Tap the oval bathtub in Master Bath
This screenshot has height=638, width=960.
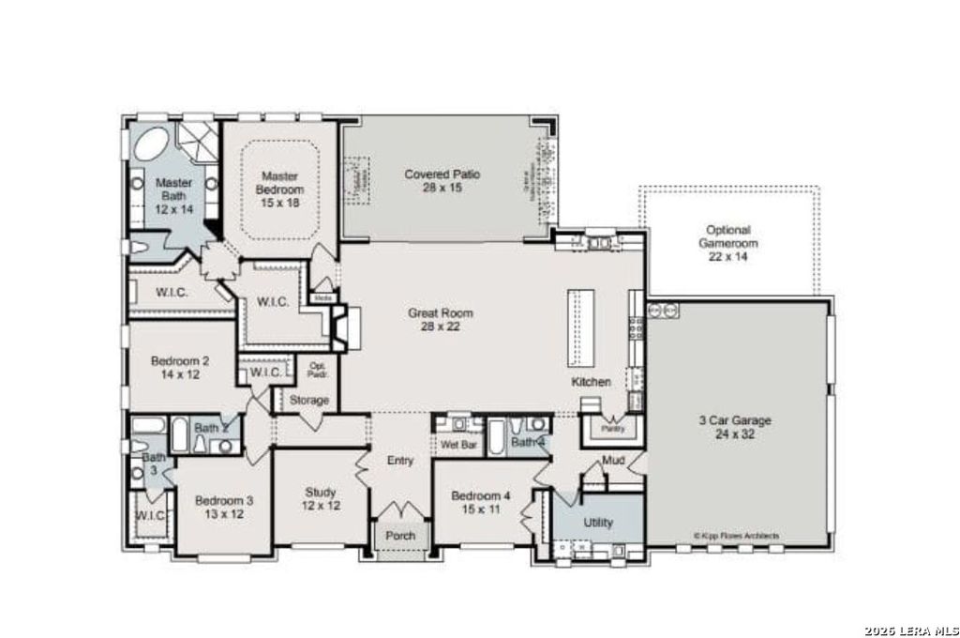tap(152, 146)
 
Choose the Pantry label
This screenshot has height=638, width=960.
tap(613, 429)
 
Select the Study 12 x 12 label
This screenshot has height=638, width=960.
tap(321, 498)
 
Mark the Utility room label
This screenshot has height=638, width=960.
tap(598, 522)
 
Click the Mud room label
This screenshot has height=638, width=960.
tap(613, 461)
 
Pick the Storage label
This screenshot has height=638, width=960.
tap(308, 401)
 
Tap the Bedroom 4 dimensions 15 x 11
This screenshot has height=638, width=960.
tap(480, 509)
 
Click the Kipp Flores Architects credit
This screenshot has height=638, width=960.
tap(736, 536)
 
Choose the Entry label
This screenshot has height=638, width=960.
tap(400, 461)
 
